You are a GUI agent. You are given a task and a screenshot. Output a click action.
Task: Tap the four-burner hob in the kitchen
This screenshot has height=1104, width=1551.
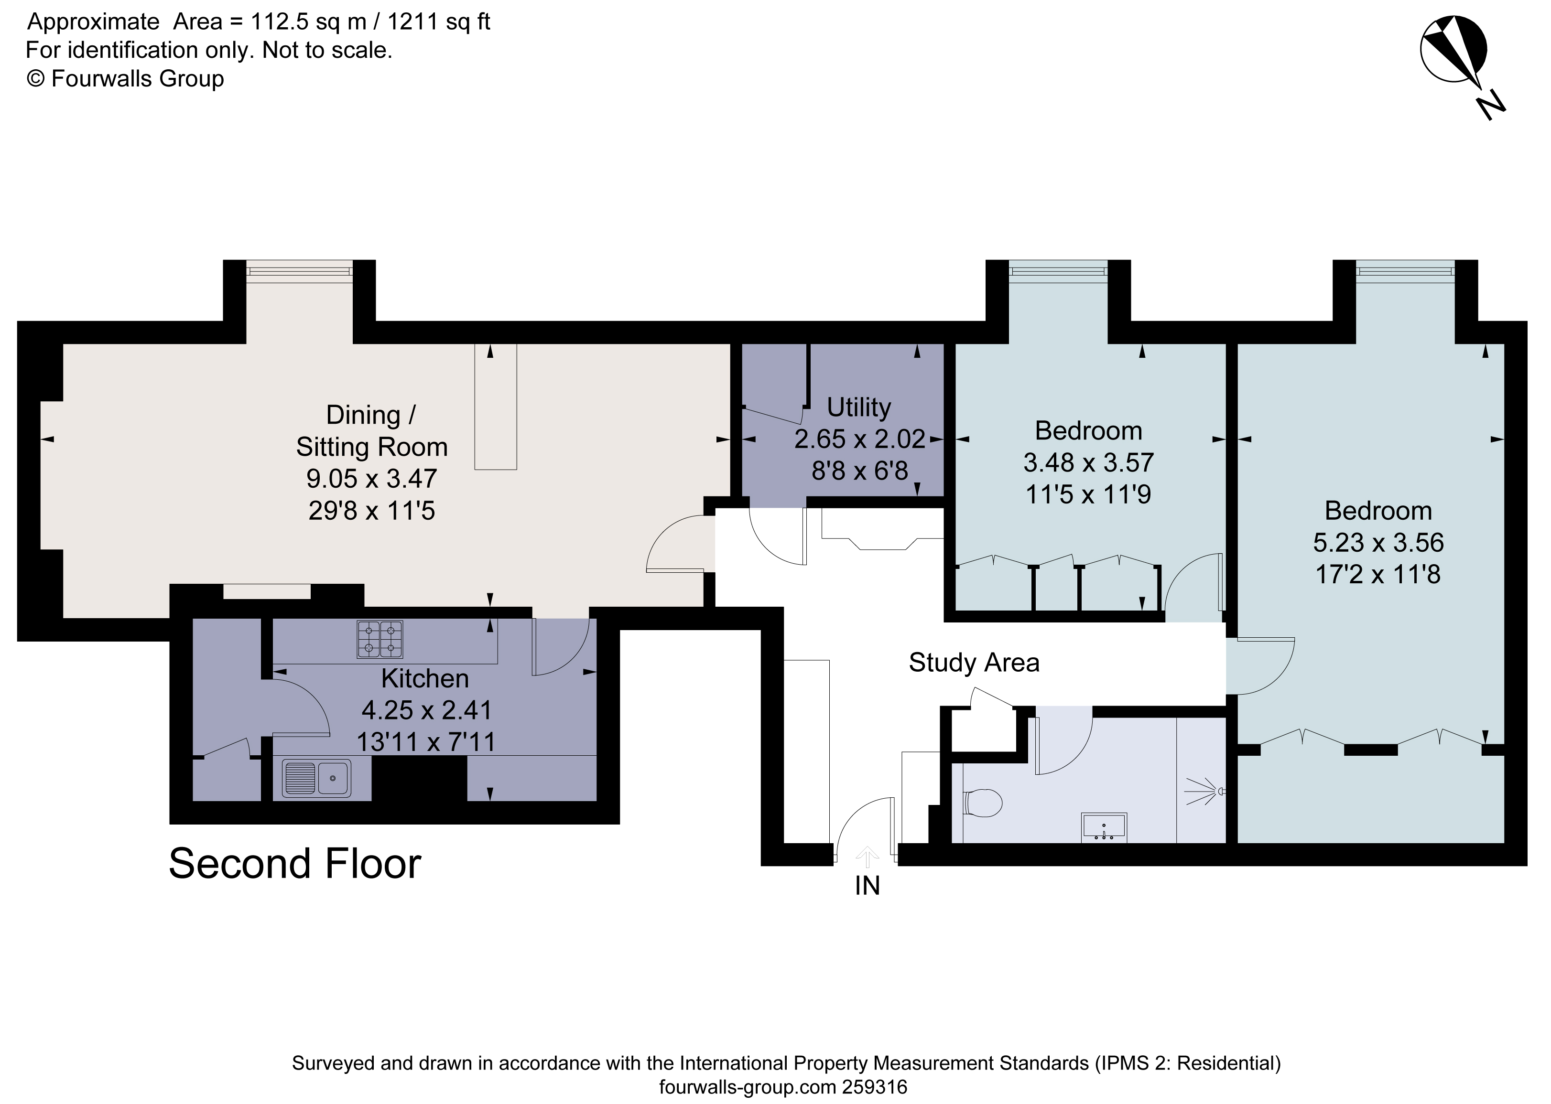pos(380,639)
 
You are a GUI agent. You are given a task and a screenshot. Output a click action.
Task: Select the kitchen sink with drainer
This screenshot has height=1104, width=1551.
pos(317,778)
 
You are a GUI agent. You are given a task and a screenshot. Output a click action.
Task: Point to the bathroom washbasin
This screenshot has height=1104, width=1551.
pos(1104,826)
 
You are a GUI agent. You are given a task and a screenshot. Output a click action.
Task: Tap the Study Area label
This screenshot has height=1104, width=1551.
pos(974,663)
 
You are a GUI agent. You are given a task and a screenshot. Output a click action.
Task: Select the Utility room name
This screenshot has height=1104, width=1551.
pos(859,407)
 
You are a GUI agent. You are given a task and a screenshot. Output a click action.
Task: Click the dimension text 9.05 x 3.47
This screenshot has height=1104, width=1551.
pos(371,479)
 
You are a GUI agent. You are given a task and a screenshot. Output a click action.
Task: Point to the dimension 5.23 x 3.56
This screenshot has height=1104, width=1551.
pos(1377,543)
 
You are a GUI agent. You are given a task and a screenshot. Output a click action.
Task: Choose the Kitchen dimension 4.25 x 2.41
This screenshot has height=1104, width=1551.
pos(426,710)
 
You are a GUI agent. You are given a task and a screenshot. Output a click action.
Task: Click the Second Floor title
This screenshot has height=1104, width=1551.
pos(295,864)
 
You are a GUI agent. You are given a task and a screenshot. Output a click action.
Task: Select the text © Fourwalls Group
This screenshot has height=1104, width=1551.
pos(125,79)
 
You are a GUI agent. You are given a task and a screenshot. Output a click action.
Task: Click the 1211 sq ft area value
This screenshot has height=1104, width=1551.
pos(439,22)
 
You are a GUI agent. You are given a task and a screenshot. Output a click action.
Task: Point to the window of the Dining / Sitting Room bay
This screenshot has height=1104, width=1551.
pos(299,272)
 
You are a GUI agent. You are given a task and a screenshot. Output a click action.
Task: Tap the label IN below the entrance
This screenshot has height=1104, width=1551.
pos(867,886)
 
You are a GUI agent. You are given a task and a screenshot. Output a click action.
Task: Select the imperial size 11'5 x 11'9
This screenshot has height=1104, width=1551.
pos(1088,494)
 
